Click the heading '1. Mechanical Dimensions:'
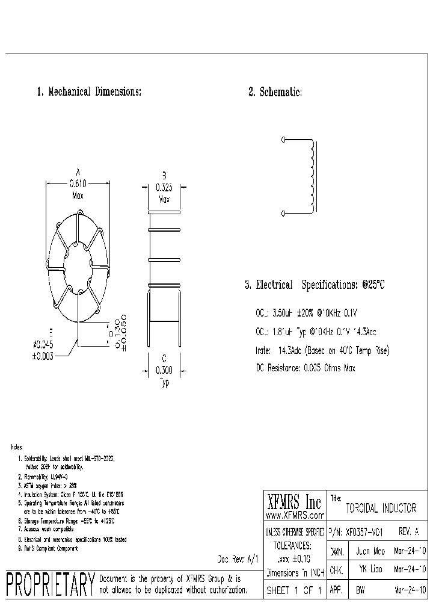coord(89,92)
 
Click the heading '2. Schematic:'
coord(275,92)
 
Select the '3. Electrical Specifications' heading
coord(314,285)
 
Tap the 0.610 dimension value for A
coord(78,184)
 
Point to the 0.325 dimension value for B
coord(164,187)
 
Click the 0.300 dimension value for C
coord(164,371)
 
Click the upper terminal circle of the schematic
coord(283,140)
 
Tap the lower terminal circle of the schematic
coord(283,212)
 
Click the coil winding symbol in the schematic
coord(312,176)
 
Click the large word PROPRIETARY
coord(50,584)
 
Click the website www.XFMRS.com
coord(295,516)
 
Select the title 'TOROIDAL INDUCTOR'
coord(381,508)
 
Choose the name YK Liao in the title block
coord(370,569)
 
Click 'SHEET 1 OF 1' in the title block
coord(295,590)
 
